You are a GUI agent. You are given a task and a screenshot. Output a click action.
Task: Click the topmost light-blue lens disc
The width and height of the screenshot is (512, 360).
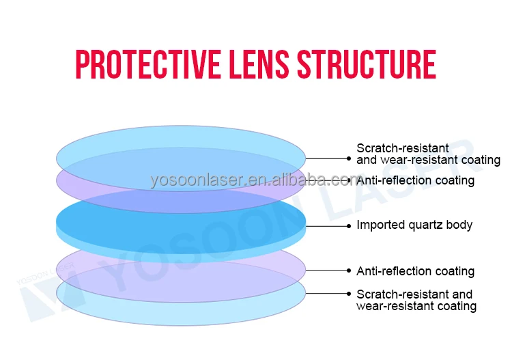[181, 152]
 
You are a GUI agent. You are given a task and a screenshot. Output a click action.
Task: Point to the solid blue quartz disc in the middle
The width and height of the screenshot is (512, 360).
[181, 217]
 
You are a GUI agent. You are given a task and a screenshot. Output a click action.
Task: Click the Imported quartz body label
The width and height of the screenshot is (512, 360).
[414, 225]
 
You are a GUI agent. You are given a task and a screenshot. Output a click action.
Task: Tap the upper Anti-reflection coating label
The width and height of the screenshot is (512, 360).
[415, 180]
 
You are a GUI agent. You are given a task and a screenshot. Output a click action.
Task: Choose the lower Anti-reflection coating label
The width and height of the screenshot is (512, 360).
[415, 271]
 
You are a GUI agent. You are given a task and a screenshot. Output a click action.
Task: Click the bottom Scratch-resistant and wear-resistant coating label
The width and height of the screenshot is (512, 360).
[416, 300]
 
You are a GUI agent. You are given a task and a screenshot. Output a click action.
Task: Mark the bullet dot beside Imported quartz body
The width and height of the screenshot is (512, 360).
[349, 225]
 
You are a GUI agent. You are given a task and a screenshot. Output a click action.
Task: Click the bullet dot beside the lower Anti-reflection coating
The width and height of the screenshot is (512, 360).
[349, 271]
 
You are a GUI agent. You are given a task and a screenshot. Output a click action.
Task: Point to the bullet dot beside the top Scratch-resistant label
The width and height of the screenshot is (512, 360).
[349, 158]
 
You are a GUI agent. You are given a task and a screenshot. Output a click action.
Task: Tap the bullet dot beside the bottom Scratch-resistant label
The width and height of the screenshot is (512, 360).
[349, 294]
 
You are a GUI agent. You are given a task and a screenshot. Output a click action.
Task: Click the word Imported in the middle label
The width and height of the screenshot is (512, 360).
[380, 225]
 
